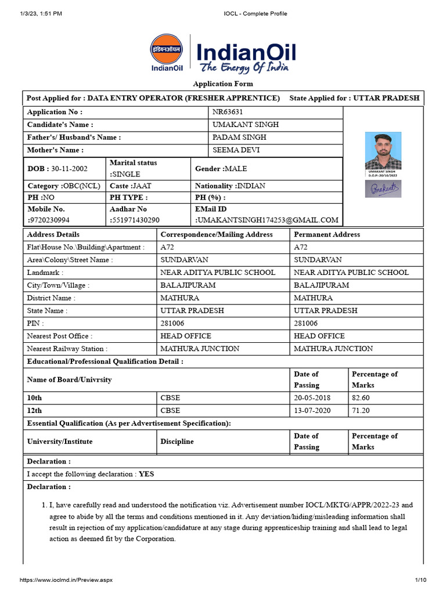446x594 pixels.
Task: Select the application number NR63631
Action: point(228,112)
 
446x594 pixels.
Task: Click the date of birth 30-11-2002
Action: point(69,169)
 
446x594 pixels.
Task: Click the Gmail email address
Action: point(268,220)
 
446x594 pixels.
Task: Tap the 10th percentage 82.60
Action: point(361,398)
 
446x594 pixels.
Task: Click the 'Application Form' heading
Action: point(223,84)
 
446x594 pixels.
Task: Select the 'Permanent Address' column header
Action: point(327,234)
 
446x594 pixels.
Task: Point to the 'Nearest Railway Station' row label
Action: point(67,349)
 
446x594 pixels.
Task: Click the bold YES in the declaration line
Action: point(146,474)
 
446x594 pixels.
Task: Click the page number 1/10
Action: point(420,580)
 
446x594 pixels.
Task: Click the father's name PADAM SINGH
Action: point(239,137)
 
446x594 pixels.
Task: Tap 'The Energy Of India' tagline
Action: point(244,68)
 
